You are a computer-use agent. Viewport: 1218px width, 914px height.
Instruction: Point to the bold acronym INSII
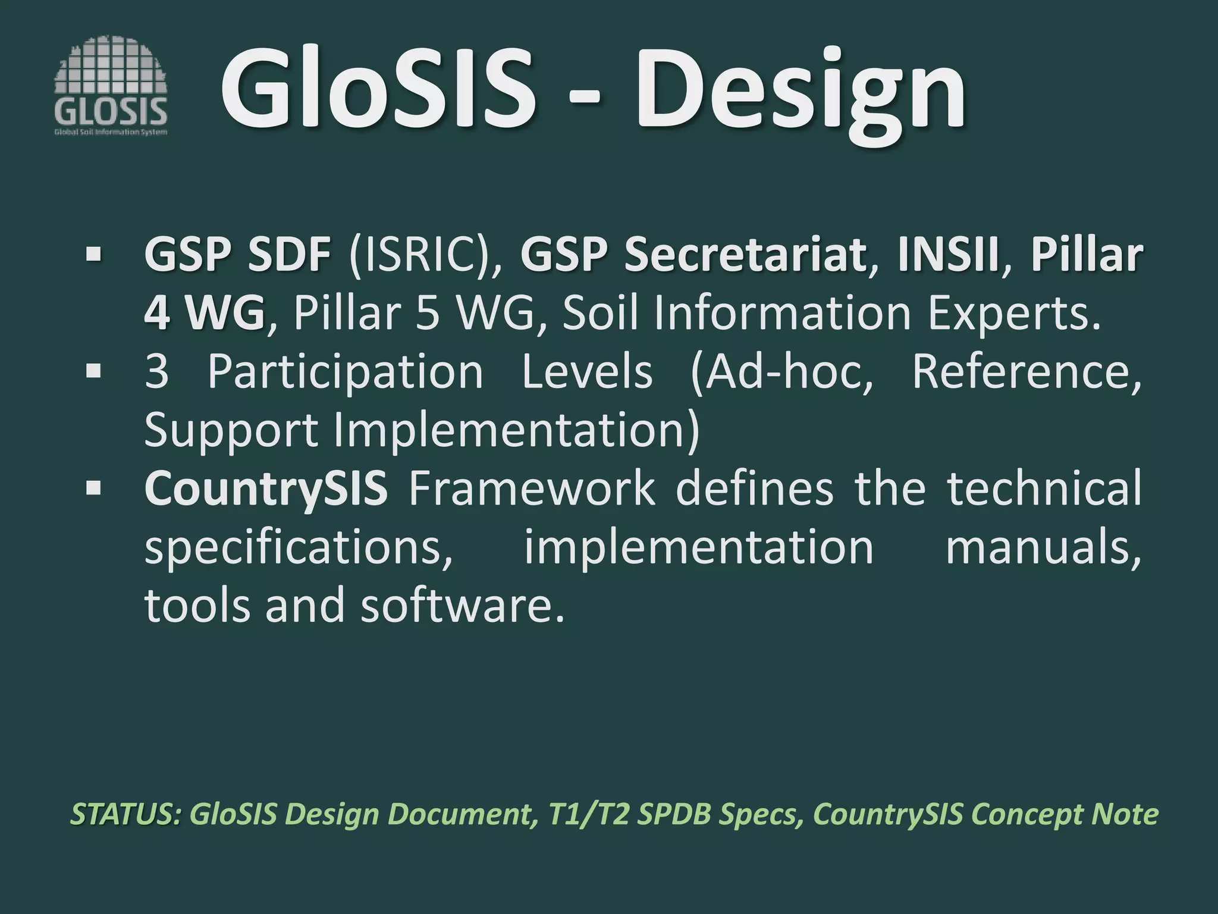948,255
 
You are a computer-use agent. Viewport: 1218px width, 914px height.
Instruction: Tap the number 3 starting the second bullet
157,372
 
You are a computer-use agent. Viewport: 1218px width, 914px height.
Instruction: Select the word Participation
346,372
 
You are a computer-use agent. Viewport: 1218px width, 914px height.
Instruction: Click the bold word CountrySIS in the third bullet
266,488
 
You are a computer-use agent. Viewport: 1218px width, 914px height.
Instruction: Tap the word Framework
532,488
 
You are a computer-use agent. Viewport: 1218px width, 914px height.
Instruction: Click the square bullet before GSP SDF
93,255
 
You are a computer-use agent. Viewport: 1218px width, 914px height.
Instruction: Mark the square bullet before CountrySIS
93,488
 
